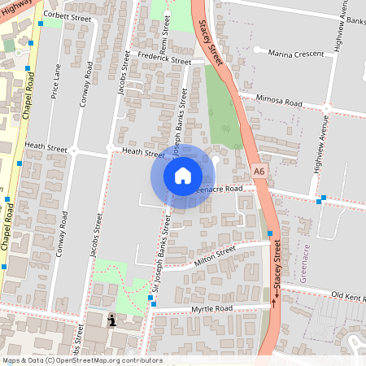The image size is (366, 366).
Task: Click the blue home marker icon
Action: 183,175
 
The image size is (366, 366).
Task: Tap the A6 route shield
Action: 259,172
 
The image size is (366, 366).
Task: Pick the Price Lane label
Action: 56,82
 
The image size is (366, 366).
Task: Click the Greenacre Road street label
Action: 220,189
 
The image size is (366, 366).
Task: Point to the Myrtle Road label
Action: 211,309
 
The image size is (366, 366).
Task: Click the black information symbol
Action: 112,320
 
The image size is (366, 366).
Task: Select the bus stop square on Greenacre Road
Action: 323,198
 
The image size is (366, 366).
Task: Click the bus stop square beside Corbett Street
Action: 30,42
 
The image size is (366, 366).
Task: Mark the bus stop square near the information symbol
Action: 150,298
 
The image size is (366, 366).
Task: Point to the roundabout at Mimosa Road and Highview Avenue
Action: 326,107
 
